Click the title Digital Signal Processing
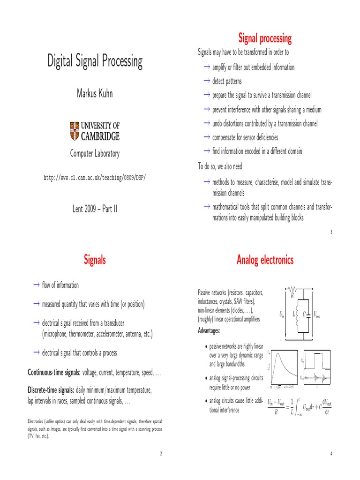[x=94, y=61]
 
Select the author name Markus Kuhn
[x=94, y=93]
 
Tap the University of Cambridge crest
[x=75, y=131]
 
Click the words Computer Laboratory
[x=94, y=153]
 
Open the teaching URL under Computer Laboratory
[x=94, y=178]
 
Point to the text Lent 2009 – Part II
[x=94, y=208]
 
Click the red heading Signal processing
[x=265, y=38]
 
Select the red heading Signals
[x=94, y=260]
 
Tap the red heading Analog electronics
[x=265, y=260]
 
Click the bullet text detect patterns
[x=227, y=81]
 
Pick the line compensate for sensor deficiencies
[x=245, y=137]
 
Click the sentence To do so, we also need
[x=220, y=166]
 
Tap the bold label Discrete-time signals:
[x=51, y=390]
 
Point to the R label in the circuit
[x=292, y=296]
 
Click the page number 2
[x=160, y=453]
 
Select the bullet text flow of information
[x=60, y=285]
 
